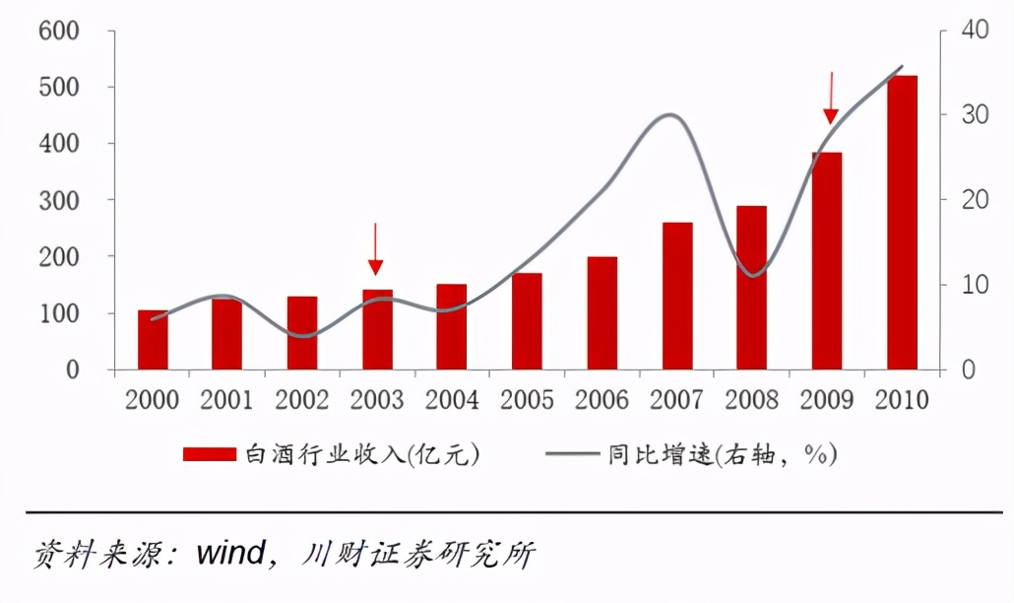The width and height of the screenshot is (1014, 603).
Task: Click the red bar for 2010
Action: (x=902, y=223)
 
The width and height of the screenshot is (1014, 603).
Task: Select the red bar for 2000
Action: (x=153, y=340)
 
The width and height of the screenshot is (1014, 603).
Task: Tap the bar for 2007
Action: (x=677, y=296)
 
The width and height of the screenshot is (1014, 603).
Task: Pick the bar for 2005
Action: (x=527, y=321)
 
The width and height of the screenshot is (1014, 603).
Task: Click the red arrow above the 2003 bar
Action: (x=375, y=248)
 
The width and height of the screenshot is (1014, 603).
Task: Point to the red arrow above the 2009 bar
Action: (x=830, y=97)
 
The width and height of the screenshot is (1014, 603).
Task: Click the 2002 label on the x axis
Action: (x=301, y=400)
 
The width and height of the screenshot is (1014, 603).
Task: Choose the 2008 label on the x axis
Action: (x=752, y=400)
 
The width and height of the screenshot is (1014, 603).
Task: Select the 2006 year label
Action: (x=602, y=400)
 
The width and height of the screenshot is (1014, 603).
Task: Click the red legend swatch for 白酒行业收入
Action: (x=210, y=453)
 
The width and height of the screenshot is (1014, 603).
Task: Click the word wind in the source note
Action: (x=230, y=553)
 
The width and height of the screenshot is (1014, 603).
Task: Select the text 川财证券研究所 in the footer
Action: (x=418, y=553)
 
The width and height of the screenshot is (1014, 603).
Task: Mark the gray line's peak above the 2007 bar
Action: (x=669, y=114)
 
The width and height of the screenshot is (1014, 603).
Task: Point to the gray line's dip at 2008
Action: (x=752, y=275)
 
